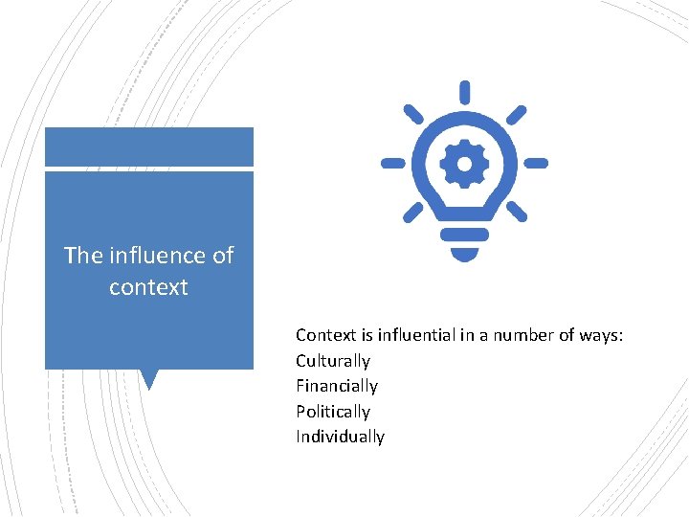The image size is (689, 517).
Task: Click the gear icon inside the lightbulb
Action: point(465,165)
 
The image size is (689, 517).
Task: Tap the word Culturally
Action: point(332,361)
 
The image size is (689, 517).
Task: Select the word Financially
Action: point(336,386)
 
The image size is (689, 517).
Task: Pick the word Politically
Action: point(332,412)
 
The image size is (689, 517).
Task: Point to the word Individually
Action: point(340,437)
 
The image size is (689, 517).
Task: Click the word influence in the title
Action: point(156,256)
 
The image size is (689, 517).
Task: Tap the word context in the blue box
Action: point(148,287)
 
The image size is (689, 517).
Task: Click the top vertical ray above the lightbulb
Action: point(465,93)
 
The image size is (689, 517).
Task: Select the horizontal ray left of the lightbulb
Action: point(393,164)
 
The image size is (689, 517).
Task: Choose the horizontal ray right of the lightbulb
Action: point(536,164)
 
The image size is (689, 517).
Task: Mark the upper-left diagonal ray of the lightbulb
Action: point(413,114)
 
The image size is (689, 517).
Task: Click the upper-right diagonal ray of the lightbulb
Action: point(516,114)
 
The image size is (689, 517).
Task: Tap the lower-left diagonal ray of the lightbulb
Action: point(413,211)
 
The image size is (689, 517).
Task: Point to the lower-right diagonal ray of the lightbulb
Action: point(517,211)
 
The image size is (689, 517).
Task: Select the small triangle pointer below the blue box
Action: point(148,379)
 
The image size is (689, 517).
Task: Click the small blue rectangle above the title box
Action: point(148,146)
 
